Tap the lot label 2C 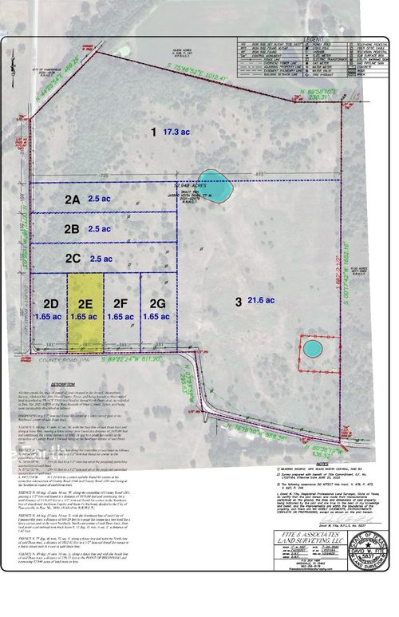73,259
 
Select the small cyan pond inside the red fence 311,349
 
